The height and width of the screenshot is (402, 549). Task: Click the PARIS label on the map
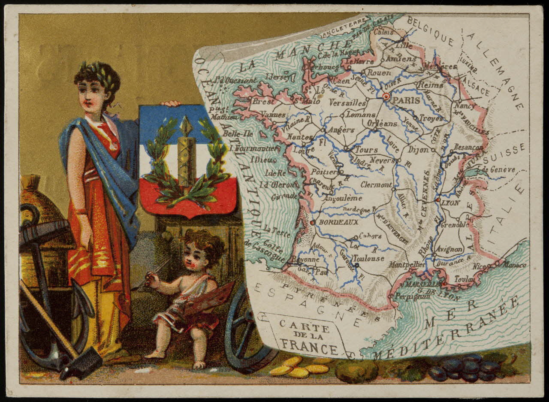(x=407, y=100)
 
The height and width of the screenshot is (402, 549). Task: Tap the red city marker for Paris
(x=386, y=97)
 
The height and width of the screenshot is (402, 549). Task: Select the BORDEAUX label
(x=332, y=222)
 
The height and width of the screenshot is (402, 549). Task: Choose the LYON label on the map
(x=450, y=203)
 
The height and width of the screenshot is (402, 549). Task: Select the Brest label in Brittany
(x=262, y=102)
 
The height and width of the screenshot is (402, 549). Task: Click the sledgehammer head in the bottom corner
(x=81, y=363)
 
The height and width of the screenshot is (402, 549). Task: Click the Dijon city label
(x=418, y=150)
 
